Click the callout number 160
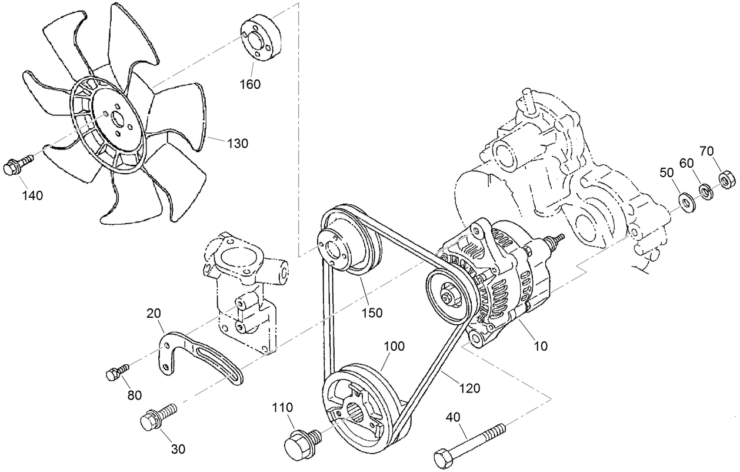[x=250, y=84]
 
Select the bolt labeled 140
[x=16, y=166]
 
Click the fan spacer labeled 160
[x=262, y=37]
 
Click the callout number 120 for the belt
[x=469, y=388]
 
